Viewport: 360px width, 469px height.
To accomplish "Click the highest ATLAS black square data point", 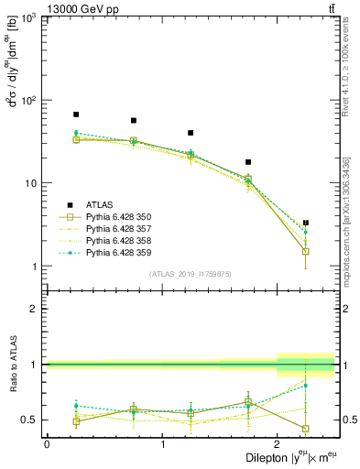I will pos(76,115).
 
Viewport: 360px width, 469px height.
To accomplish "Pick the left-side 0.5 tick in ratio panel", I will pos(31,420).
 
